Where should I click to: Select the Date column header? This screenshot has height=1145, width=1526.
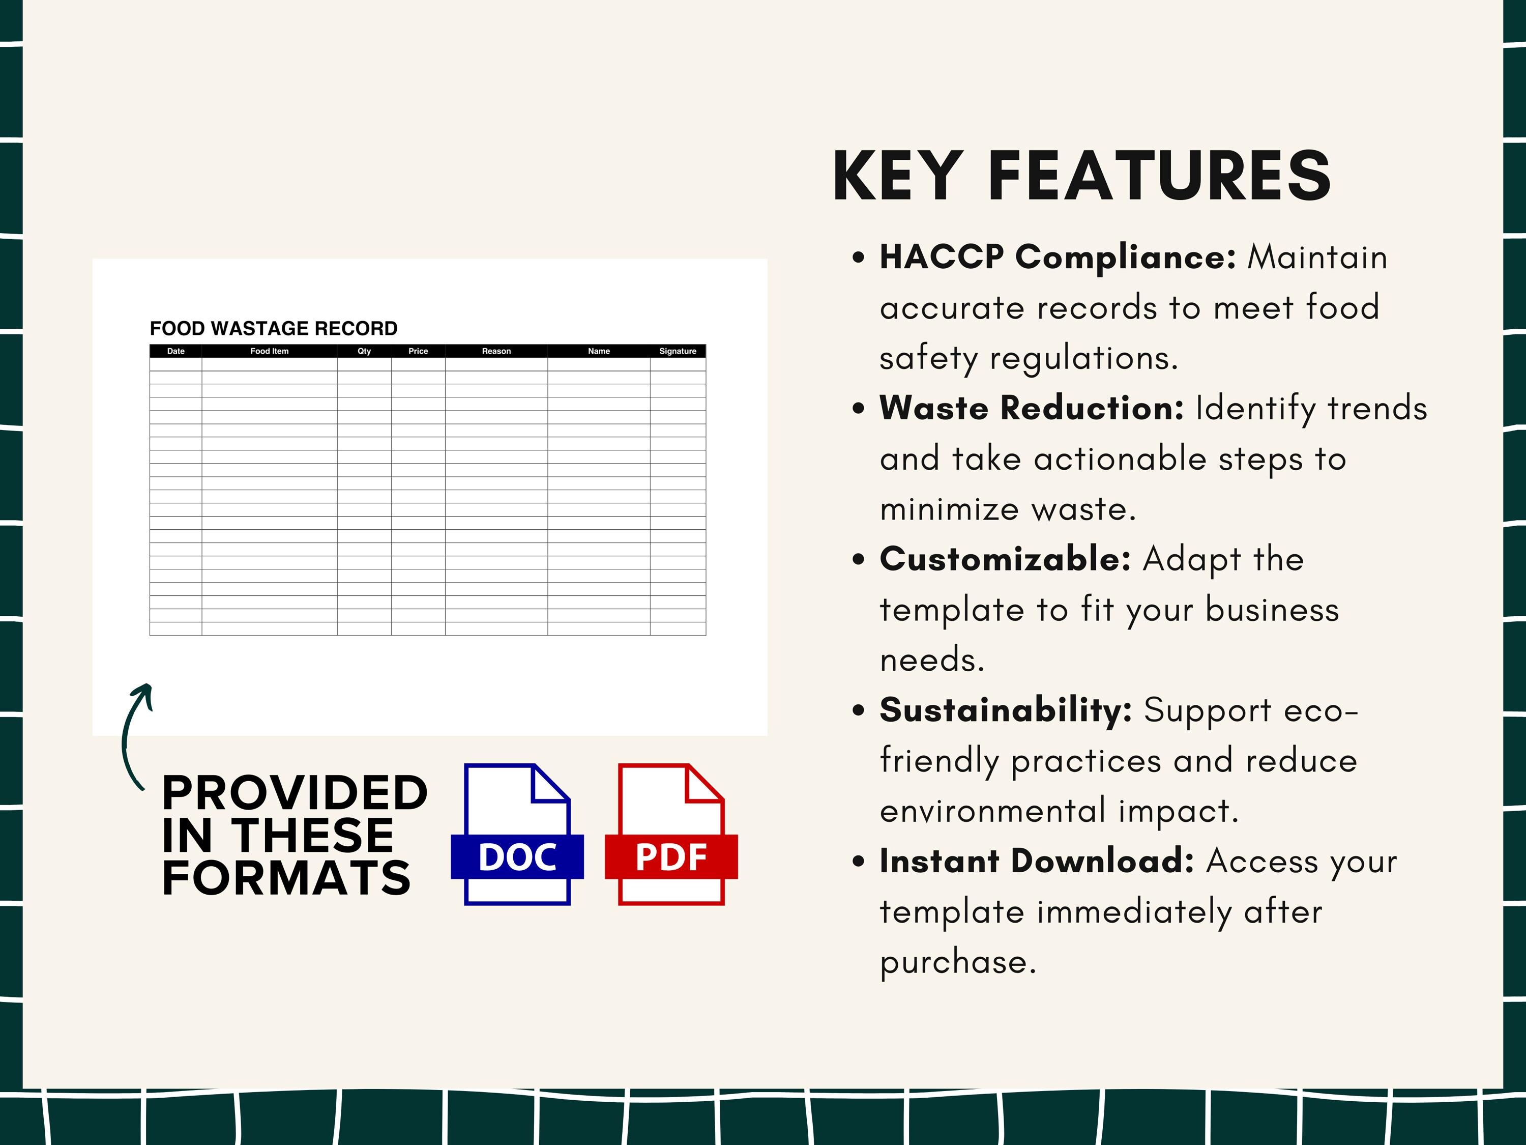176,351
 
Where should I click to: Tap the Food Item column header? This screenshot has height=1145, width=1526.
269,351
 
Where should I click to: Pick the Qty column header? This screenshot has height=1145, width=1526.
364,351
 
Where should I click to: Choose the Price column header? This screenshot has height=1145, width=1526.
418,351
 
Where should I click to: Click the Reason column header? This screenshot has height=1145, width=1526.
496,351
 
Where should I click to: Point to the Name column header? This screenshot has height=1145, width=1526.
599,351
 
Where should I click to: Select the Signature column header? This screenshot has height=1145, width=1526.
678,351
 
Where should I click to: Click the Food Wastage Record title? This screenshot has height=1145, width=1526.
273,329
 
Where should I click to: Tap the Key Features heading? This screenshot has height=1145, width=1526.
1081,177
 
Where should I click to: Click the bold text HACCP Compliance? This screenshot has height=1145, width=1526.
1058,257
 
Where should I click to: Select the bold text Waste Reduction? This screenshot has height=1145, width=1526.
1032,408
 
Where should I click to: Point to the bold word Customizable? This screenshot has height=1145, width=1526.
1005,559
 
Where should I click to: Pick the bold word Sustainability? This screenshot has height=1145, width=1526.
1005,710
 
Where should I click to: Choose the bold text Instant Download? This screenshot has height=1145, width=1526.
1036,862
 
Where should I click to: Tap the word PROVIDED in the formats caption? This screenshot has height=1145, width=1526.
295,793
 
